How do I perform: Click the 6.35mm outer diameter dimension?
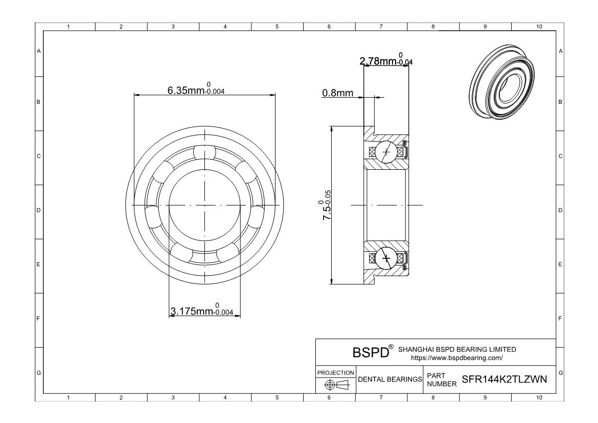(196, 88)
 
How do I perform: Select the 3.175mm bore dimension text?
(202, 309)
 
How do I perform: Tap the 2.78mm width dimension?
(386, 59)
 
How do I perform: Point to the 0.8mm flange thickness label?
(337, 93)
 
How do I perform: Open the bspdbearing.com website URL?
(456, 358)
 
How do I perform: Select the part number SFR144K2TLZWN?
(504, 379)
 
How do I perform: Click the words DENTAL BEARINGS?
(390, 380)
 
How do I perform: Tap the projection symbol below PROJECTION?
(337, 385)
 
